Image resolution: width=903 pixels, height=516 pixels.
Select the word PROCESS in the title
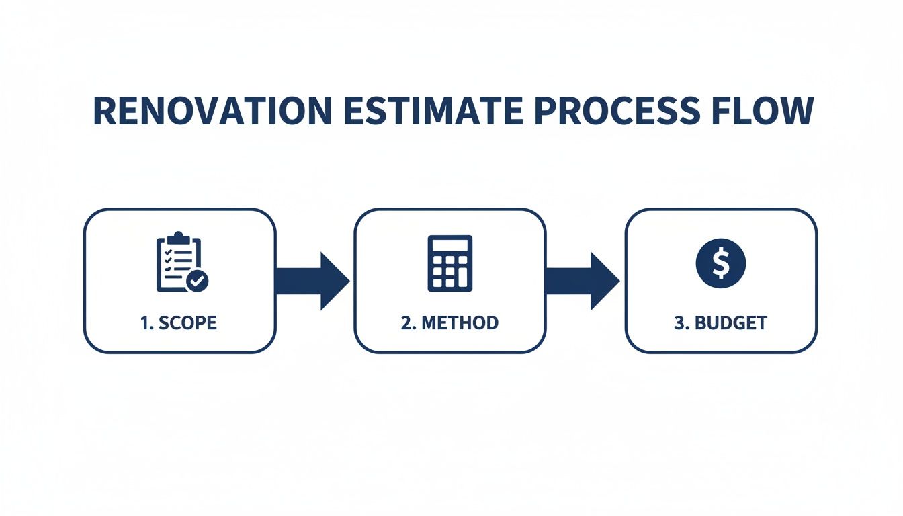tap(619, 112)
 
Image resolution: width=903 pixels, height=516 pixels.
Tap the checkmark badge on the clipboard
tap(197, 281)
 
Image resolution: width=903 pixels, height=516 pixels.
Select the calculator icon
tap(450, 263)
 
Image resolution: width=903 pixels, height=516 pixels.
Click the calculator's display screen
tap(450, 245)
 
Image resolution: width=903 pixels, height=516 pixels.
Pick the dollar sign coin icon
tap(720, 263)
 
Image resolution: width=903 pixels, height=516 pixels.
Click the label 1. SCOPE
tap(179, 322)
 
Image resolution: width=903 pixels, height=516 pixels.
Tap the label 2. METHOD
tap(449, 322)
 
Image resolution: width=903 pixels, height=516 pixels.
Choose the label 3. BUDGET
tap(720, 322)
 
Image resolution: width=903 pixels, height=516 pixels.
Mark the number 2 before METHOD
tap(406, 322)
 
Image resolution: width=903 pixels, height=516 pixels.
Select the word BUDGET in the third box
tap(730, 322)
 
